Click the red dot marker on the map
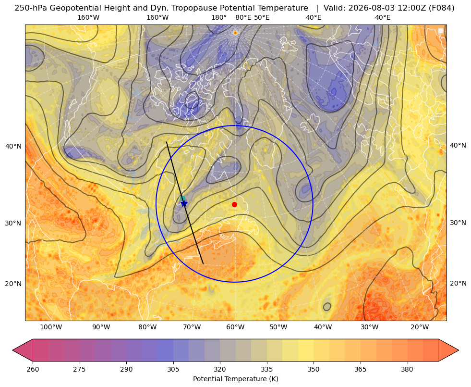[235, 204]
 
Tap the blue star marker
[184, 203]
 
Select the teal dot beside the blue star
[182, 199]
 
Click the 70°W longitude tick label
[192, 327]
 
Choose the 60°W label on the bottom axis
[235, 327]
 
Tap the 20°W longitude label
[420, 327]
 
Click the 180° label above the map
[219, 17]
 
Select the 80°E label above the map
[243, 17]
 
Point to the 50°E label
[262, 17]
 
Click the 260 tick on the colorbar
[33, 369]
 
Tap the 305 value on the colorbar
[173, 369]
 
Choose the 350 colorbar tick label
[314, 369]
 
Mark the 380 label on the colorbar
[407, 369]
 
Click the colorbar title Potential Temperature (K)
[235, 378]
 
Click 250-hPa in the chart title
[31, 8]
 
